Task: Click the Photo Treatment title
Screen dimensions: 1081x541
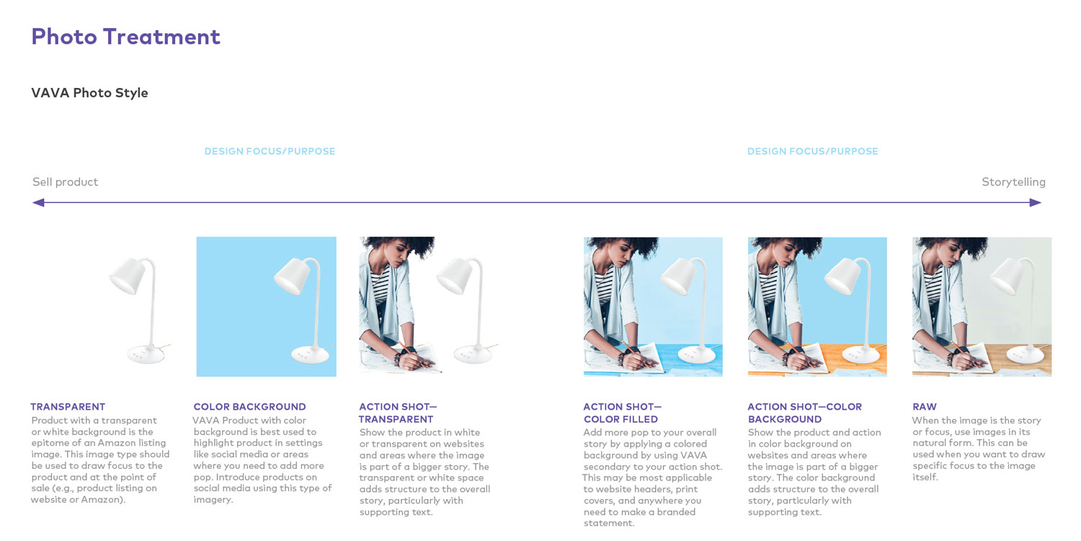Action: (126, 37)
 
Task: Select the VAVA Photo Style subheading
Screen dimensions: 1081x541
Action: (90, 93)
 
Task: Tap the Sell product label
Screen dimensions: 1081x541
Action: (65, 182)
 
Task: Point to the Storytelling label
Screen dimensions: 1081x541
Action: (1013, 182)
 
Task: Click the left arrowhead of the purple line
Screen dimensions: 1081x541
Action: (38, 203)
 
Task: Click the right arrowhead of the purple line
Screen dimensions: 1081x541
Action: (1035, 203)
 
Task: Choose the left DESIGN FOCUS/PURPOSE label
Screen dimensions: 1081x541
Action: (270, 151)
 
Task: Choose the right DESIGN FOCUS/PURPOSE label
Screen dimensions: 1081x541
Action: (813, 151)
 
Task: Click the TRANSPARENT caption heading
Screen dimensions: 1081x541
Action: (68, 407)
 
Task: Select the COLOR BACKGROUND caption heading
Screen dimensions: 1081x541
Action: (250, 407)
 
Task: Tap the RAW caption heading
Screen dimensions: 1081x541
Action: (925, 407)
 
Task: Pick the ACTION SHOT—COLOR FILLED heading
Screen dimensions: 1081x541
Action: (623, 413)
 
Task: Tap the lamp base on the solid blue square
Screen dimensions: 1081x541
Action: (310, 355)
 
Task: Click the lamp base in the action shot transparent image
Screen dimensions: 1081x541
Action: (473, 355)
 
